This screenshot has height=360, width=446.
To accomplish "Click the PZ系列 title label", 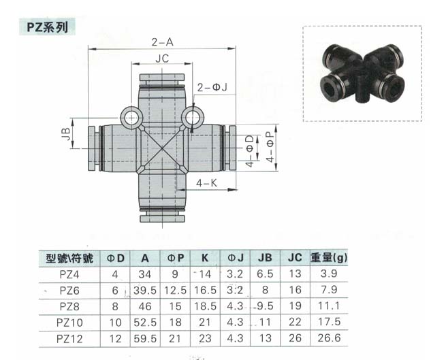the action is [47, 27].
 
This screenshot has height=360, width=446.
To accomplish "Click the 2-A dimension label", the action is [162, 42].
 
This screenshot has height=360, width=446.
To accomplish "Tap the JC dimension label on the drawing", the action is [162, 59].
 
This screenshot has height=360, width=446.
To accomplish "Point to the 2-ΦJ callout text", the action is [212, 87].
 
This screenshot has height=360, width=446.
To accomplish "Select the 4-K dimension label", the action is [206, 183].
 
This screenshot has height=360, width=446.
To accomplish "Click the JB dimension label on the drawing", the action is [65, 133].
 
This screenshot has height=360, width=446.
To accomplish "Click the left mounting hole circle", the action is [131, 118].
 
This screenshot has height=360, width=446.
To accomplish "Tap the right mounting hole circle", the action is [192, 118].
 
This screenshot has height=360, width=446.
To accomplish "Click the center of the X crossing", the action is [162, 148].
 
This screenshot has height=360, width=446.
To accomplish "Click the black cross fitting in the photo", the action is [363, 73].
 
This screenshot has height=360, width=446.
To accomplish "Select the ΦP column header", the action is [176, 258].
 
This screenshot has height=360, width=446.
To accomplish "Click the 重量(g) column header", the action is [329, 258].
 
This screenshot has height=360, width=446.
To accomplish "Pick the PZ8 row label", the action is [69, 306].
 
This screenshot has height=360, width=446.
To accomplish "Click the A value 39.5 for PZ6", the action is [145, 291].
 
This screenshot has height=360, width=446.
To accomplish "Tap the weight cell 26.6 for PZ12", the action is [329, 338].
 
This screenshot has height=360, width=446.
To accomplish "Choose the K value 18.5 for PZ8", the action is [205, 306].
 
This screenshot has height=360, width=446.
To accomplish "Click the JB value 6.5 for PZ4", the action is [265, 274].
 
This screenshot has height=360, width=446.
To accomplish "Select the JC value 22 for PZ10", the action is [295, 322].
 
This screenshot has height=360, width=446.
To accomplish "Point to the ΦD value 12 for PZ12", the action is [115, 339].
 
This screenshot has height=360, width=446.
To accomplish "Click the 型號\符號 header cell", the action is [69, 258].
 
